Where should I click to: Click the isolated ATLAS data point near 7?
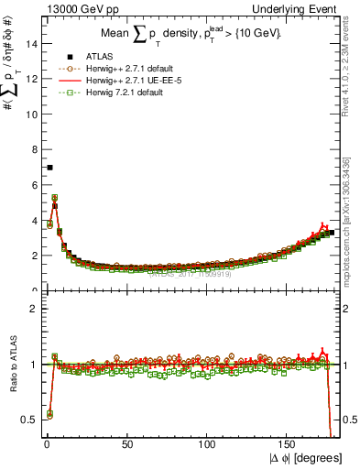[49, 168]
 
